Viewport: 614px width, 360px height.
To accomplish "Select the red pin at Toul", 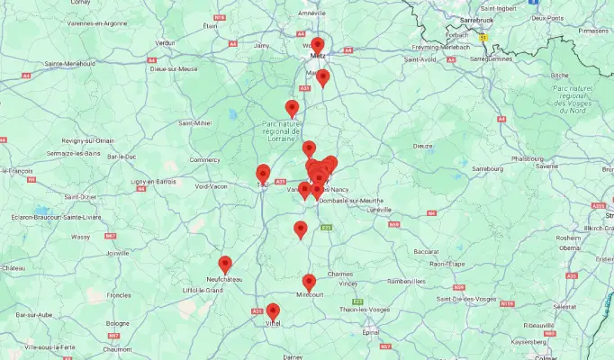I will point(263,173).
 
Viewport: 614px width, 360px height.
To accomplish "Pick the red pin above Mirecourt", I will point(309,282).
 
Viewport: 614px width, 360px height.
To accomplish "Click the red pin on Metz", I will point(318,45).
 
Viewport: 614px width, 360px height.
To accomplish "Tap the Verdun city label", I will point(165,42).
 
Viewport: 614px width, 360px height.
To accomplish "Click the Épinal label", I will point(369,332).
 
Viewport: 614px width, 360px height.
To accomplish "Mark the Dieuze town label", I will point(423,145).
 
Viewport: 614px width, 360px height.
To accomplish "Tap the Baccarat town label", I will point(428,250).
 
